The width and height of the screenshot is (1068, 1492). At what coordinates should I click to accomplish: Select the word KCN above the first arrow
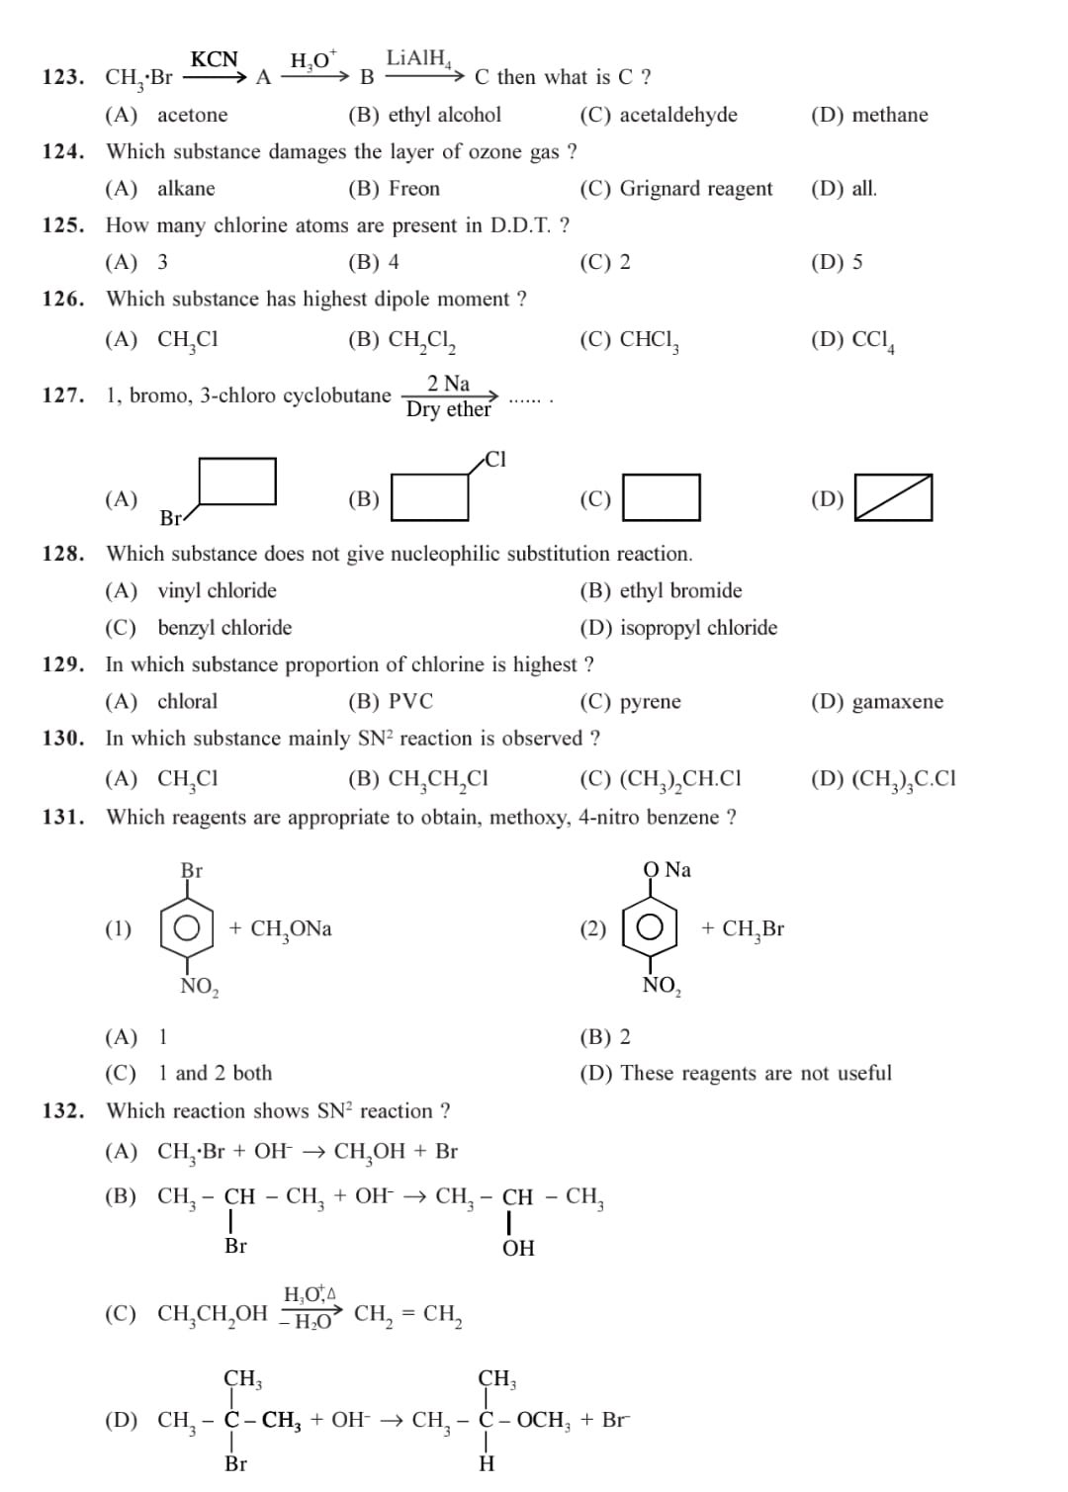coord(214,59)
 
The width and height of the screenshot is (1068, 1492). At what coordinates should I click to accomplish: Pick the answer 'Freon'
coord(413,189)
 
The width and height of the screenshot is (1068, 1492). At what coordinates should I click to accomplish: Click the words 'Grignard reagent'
coord(695,189)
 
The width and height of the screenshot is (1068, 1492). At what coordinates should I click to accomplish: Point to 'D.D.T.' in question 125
coord(520,225)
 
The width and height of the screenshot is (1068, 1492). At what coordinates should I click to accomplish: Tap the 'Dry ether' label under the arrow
coord(448,410)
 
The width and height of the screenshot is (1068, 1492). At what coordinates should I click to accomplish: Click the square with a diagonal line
coord(893,497)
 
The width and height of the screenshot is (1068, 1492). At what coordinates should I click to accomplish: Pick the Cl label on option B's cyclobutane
coord(495,459)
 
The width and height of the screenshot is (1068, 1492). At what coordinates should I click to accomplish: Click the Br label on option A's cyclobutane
coord(171,518)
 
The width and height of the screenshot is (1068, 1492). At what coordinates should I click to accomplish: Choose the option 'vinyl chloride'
coord(217,591)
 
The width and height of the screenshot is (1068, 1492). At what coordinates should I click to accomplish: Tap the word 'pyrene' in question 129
coord(650,702)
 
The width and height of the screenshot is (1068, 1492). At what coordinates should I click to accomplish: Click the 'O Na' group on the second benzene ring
coord(667,870)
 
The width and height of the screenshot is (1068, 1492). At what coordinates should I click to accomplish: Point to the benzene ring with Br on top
coord(187,928)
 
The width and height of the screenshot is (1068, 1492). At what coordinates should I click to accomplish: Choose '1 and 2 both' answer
coord(215,1074)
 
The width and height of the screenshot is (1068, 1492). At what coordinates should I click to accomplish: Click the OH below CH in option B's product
coord(518,1248)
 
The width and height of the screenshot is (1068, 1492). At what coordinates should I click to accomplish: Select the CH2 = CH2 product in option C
coord(408,1315)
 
